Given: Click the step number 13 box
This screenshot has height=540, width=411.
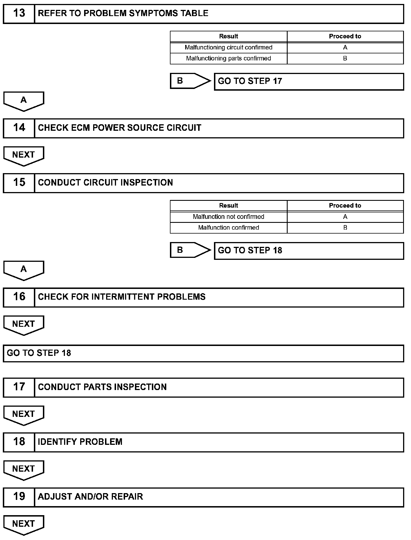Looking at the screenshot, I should click(19, 14).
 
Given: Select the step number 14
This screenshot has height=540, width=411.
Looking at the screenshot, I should click(19, 128).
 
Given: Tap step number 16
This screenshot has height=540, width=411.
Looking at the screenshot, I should click(19, 297).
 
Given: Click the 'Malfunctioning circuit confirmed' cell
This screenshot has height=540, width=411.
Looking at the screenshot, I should click(228, 47).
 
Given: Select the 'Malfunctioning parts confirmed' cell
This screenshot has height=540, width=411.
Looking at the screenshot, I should click(228, 58).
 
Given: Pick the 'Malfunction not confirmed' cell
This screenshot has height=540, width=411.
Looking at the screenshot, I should click(228, 217).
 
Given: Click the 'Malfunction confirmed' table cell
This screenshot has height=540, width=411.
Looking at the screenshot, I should click(228, 228).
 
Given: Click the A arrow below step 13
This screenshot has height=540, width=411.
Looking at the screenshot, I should click(24, 101).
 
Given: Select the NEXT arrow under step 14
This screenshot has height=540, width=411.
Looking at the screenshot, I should click(24, 156).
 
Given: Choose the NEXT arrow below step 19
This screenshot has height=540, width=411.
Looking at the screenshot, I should click(24, 524).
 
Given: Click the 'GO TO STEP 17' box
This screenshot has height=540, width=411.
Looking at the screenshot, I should click(309, 82).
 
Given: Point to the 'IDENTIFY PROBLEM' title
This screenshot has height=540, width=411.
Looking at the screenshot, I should click(80, 442).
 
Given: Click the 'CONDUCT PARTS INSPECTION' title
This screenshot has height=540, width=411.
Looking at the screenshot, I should click(102, 387).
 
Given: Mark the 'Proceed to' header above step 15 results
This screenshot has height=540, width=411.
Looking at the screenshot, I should click(345, 206).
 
